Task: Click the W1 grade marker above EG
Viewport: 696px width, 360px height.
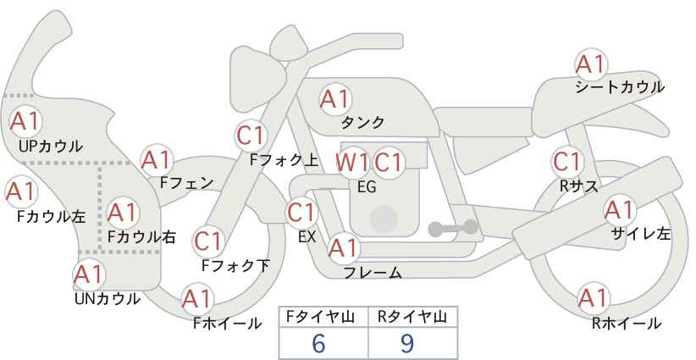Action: (351, 163)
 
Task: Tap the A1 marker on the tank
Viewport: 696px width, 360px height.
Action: (335, 99)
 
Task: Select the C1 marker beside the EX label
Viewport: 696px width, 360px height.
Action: (301, 213)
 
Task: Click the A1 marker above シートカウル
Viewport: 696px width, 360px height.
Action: (591, 65)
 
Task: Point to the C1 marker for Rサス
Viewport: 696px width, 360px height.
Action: (567, 162)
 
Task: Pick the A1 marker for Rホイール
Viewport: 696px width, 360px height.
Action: (593, 298)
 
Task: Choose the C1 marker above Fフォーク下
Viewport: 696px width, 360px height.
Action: (208, 242)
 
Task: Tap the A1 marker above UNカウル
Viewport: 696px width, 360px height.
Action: (89, 274)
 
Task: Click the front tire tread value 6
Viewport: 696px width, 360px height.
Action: (318, 343)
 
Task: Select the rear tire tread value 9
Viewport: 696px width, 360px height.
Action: (406, 343)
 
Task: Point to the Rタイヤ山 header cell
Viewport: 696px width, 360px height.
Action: (413, 318)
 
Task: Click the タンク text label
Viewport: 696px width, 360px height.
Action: (362, 122)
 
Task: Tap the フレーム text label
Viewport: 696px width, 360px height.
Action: (373, 273)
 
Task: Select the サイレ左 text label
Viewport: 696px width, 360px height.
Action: (640, 234)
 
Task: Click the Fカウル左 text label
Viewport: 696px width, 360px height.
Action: (51, 216)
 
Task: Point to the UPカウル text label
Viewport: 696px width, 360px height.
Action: (51, 146)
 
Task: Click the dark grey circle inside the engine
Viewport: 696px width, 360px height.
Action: (384, 219)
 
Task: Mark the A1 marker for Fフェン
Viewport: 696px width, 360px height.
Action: (157, 160)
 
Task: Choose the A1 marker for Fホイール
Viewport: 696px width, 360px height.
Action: (197, 299)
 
